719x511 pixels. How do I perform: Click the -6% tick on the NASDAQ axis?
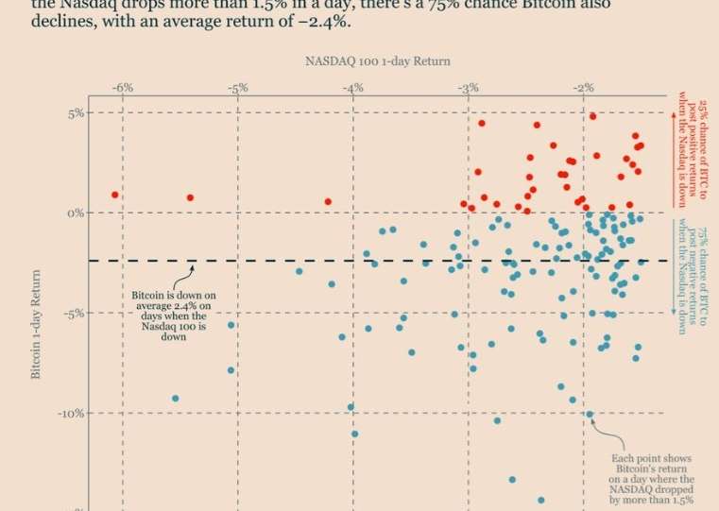pos(121,87)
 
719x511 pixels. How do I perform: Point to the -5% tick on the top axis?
pos(236,87)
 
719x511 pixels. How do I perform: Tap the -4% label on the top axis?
pos(351,87)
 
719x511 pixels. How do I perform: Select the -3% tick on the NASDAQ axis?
pos(467,87)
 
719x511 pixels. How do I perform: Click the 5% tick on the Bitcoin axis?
pos(76,112)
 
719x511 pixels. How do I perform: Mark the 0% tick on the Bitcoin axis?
pos(76,213)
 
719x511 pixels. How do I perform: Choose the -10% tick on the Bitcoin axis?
pos(72,413)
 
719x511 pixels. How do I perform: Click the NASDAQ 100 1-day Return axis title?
pos(377,60)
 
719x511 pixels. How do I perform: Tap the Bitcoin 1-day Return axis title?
pos(37,321)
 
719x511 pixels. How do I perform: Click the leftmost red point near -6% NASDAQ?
pos(115,195)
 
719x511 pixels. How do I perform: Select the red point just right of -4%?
pos(328,201)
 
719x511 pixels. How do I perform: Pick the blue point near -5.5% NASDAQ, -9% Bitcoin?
pos(175,399)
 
